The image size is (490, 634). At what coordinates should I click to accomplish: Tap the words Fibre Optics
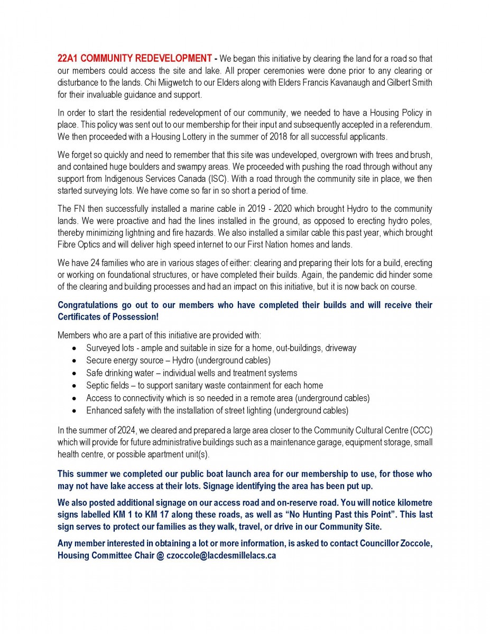point(79,244)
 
